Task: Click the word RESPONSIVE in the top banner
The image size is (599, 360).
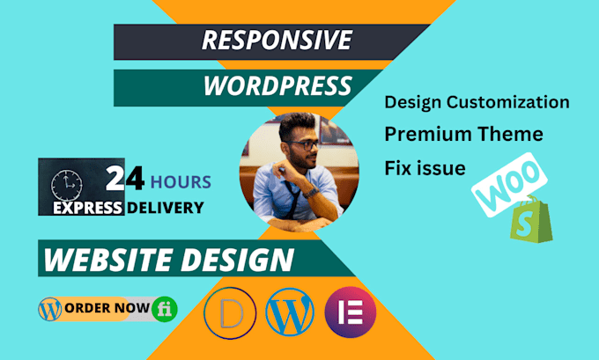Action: (276, 40)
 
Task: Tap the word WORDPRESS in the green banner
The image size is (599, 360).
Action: (277, 87)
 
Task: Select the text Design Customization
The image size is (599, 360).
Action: (477, 102)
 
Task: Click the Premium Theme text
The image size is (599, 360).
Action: (462, 135)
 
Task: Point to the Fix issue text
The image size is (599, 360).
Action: (425, 166)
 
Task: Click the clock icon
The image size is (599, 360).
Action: (65, 183)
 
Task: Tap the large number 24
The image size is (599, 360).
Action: (123, 180)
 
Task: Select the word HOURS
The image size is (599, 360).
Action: (180, 182)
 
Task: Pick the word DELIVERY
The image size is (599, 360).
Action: (165, 209)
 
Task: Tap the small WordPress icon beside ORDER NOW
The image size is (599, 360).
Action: (50, 308)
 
